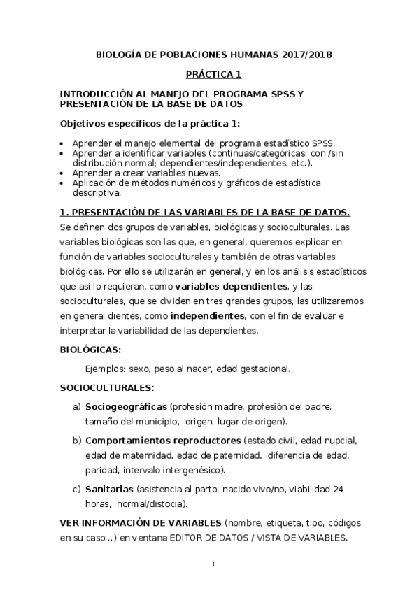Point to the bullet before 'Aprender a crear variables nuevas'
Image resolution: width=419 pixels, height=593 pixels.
click(x=62, y=173)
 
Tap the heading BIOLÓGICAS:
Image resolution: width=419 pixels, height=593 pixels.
click(x=90, y=349)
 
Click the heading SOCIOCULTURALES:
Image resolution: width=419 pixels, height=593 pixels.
click(x=107, y=387)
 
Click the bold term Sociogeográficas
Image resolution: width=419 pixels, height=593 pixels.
click(x=126, y=406)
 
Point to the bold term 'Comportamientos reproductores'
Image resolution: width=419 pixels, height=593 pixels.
click(x=163, y=441)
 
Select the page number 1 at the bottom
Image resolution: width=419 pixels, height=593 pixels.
click(x=213, y=564)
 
